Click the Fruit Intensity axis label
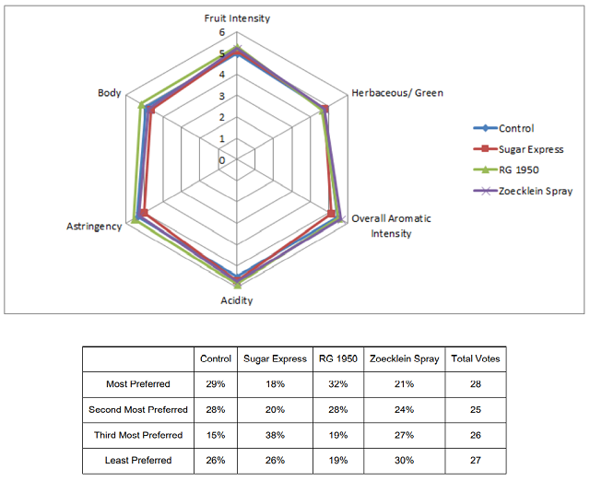(237, 18)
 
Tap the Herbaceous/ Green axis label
(397, 93)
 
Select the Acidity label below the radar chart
(237, 300)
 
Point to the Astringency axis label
(94, 227)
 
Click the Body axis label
(109, 93)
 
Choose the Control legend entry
(504, 128)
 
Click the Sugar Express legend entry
(518, 149)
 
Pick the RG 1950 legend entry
(506, 170)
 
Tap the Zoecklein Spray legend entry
(523, 191)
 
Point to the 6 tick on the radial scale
(222, 32)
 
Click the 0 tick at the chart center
(222, 160)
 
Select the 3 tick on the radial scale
(222, 96)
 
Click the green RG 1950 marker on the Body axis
(141, 105)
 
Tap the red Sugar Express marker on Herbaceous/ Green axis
(325, 109)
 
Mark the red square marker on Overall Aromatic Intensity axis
(331, 214)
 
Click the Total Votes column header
(476, 358)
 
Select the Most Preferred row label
(138, 384)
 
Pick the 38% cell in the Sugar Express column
(275, 435)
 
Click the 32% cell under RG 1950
(338, 384)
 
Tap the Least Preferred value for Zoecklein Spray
(404, 461)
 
